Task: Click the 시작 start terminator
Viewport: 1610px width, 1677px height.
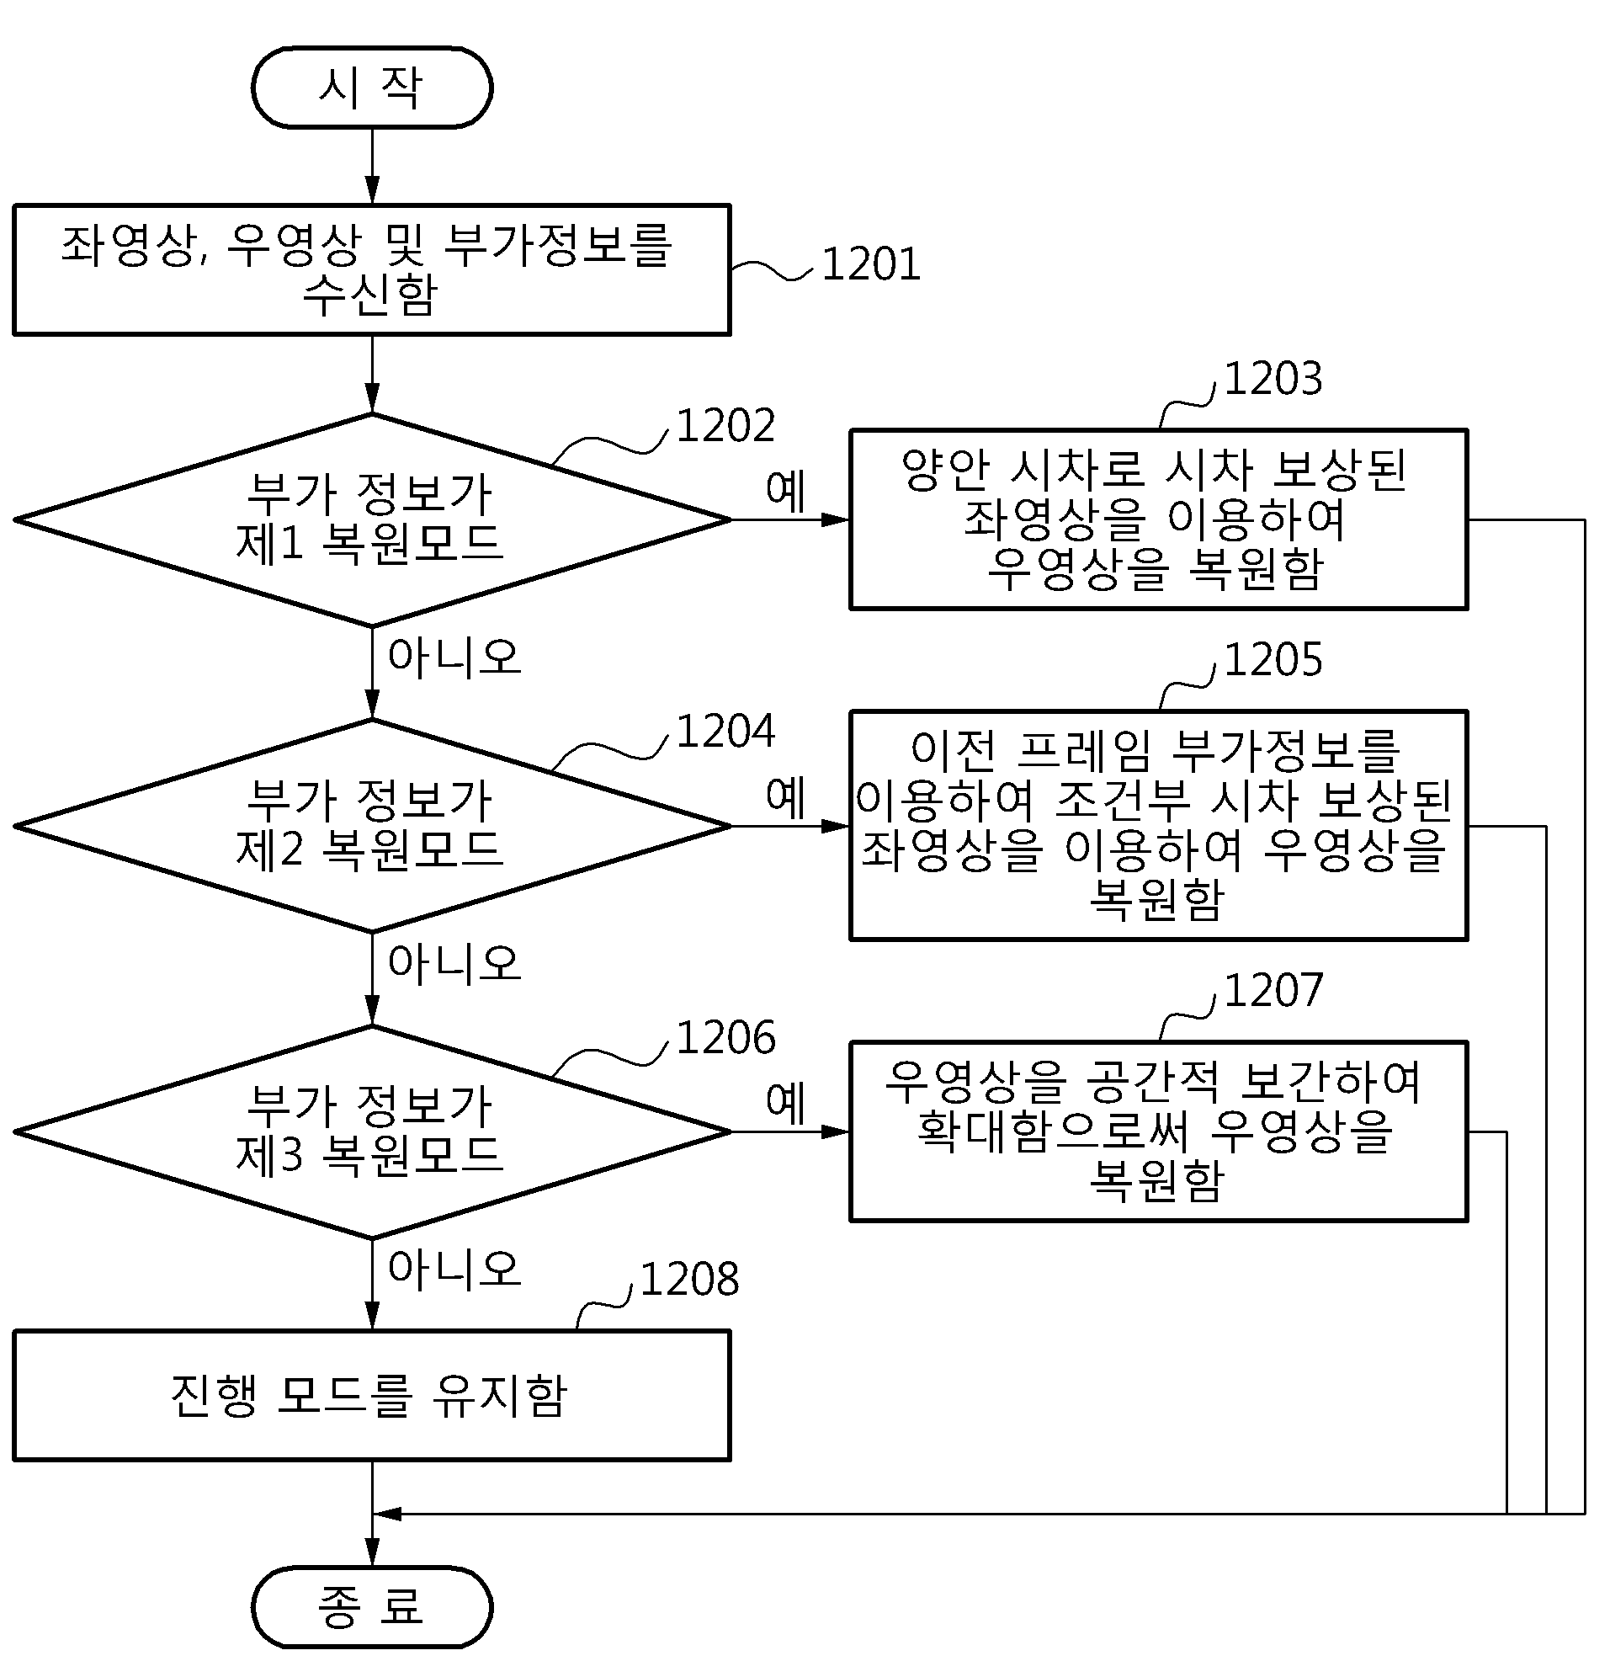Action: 372,88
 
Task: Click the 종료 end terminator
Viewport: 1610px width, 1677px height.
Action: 372,1606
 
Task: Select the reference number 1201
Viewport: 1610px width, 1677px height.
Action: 871,264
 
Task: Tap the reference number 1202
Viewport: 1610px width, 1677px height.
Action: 725,425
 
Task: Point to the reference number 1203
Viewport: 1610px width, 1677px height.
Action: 1273,378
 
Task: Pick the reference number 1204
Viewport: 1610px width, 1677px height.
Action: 725,732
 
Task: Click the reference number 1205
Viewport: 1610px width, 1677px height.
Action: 1273,660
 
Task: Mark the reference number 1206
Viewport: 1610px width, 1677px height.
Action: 725,1038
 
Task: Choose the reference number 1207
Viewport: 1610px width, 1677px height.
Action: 1273,991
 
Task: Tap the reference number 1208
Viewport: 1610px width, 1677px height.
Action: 689,1279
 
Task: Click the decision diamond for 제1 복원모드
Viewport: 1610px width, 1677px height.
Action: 372,519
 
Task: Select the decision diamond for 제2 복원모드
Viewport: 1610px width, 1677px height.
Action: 372,826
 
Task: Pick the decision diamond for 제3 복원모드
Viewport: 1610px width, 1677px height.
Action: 372,1131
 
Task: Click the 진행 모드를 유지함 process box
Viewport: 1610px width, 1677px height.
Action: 372,1396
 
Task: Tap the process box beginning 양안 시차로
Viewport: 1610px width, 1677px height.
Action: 1158,519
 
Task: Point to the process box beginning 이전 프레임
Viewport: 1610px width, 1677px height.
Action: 1158,826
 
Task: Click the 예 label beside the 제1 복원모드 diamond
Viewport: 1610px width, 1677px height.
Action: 785,491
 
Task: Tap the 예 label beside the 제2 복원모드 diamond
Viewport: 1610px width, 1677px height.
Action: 785,797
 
